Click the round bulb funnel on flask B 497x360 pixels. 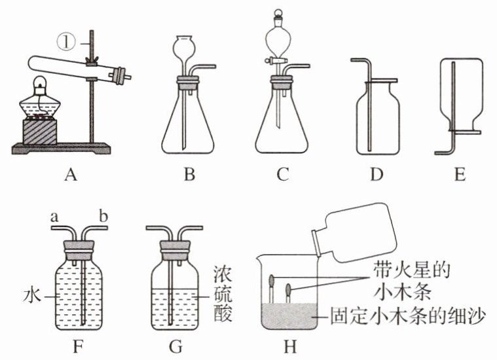click(x=184, y=48)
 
